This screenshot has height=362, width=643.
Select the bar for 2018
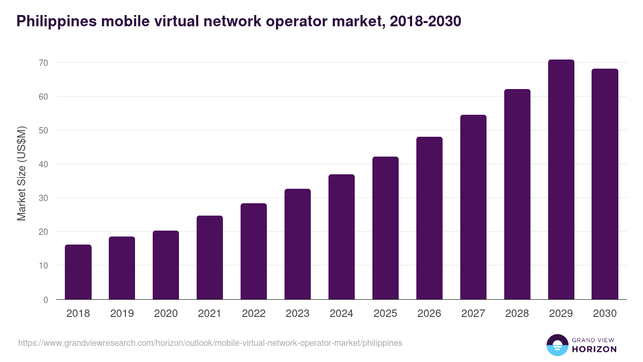78,272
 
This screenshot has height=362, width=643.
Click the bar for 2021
210,257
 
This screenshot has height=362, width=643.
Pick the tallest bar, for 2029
561,179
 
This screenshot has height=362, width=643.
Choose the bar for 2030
605,184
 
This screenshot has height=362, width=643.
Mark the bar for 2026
430,218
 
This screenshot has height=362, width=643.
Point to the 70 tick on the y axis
43,63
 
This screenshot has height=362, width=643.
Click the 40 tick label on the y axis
43,164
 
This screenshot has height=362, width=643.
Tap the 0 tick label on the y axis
46,300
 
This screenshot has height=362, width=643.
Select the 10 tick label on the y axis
43,265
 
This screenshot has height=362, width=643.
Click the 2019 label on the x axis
122,314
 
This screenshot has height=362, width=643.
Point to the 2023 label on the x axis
298,314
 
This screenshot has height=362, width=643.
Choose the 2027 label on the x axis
474,314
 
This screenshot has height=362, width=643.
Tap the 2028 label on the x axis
518,314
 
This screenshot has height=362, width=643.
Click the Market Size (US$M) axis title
21,173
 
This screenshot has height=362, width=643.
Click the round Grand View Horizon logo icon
557,345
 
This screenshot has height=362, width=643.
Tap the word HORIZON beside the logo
594,349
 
